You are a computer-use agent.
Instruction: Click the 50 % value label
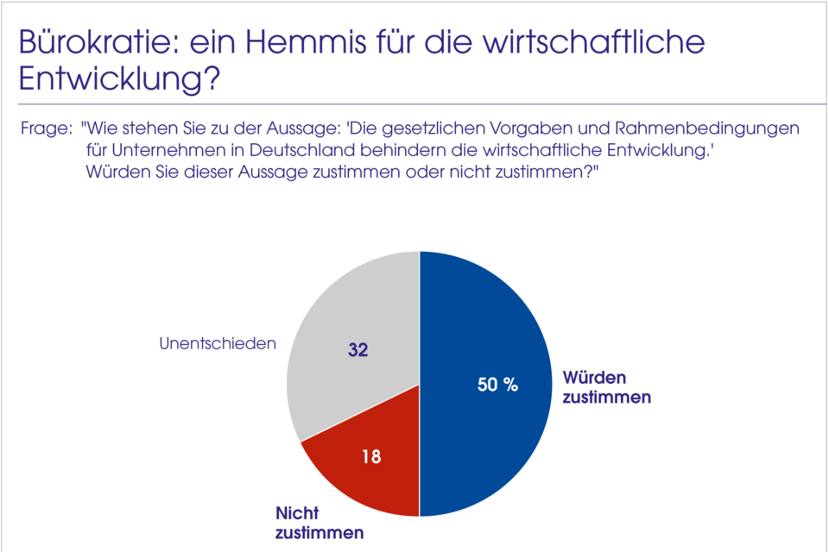498,386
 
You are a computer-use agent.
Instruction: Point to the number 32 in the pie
358,351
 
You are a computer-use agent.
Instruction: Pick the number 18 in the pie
371,456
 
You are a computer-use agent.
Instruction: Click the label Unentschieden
218,343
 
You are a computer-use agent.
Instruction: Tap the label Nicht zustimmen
319,523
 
